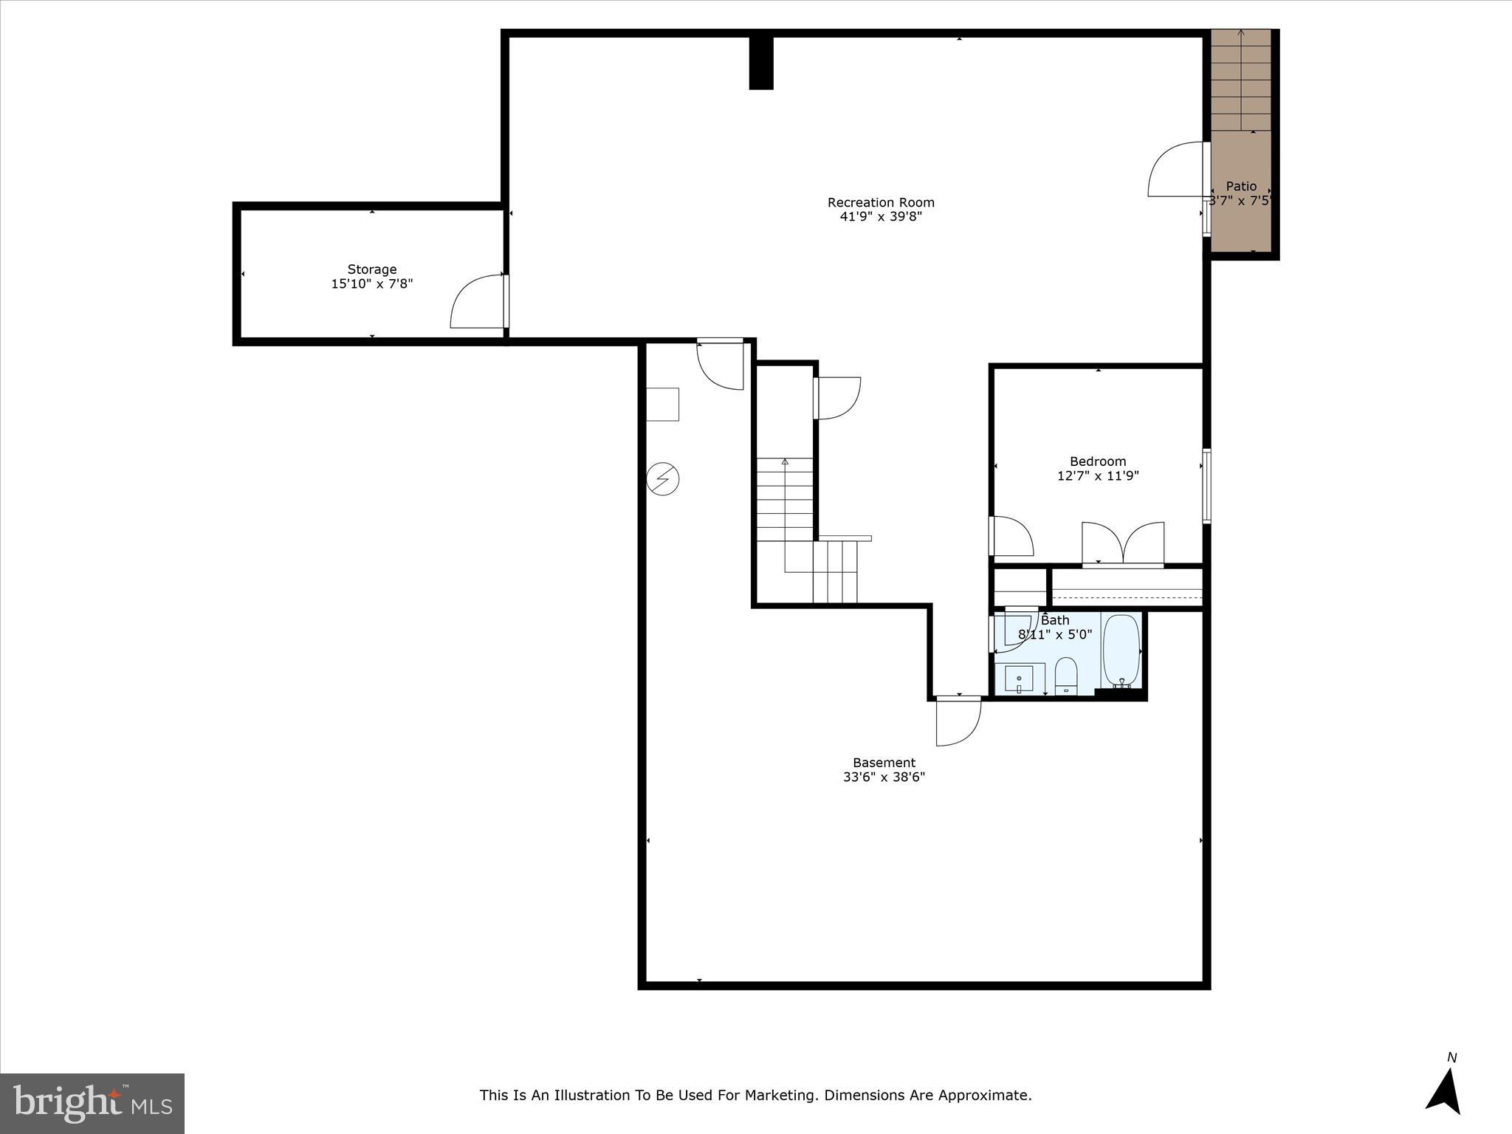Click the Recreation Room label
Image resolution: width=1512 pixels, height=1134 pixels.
[x=880, y=202]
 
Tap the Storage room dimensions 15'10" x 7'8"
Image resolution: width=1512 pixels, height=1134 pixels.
[x=371, y=283]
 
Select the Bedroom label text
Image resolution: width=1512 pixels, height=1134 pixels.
[x=1098, y=461]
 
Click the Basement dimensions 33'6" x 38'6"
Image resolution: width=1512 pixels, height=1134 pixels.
[x=884, y=777]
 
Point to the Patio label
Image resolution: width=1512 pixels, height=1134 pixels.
[x=1241, y=186]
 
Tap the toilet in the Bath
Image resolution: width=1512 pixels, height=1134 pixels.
[x=1066, y=675]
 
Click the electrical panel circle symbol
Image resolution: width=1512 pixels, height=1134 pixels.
[x=662, y=479]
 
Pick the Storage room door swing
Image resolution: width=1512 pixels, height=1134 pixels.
[x=478, y=302]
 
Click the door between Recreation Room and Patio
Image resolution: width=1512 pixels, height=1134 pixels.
[x=1176, y=170]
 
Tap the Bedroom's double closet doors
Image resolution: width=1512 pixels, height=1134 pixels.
[x=1123, y=543]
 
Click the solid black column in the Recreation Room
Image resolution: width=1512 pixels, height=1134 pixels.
[x=760, y=63]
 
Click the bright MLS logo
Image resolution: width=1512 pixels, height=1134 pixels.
[x=92, y=1104]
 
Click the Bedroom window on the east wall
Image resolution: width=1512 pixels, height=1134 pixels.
[x=1206, y=486]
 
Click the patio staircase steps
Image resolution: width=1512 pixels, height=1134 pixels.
[x=1240, y=81]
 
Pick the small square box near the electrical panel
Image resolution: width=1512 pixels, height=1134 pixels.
[x=662, y=404]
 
